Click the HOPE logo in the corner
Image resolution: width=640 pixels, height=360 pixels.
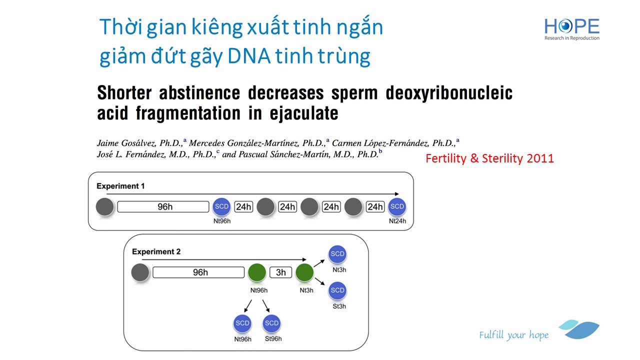pyautogui.click(x=571, y=29)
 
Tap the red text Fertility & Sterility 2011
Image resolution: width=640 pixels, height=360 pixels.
pyautogui.click(x=489, y=158)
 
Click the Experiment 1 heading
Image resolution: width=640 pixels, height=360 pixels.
pyautogui.click(x=120, y=186)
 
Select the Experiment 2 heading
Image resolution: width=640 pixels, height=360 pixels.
pyautogui.click(x=156, y=251)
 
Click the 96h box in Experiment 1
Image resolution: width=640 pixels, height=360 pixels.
pyautogui.click(x=163, y=206)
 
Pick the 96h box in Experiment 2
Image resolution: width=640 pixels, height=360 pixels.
pyautogui.click(x=198, y=272)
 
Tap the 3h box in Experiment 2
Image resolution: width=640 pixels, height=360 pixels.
pyautogui.click(x=281, y=272)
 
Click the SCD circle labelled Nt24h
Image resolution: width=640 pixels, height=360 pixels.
pyautogui.click(x=397, y=206)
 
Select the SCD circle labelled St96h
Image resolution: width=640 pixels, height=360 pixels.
pyautogui.click(x=271, y=323)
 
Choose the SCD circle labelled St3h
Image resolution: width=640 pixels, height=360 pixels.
pyautogui.click(x=337, y=290)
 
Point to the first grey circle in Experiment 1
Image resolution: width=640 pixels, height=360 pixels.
pyautogui.click(x=105, y=206)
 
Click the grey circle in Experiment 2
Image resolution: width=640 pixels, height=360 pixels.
pyautogui.click(x=140, y=272)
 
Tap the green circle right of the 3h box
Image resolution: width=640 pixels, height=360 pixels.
pyautogui.click(x=304, y=272)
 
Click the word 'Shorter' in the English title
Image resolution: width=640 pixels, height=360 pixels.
pyautogui.click(x=124, y=93)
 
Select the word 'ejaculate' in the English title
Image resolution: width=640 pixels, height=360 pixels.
pyautogui.click(x=304, y=113)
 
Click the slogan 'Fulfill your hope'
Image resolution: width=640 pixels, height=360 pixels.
pyautogui.click(x=513, y=335)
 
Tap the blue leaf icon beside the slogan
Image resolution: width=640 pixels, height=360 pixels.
pyautogui.click(x=579, y=329)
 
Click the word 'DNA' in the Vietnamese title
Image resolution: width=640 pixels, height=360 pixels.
pyautogui.click(x=249, y=55)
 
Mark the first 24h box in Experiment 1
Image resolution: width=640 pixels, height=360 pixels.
pyautogui.click(x=243, y=206)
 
